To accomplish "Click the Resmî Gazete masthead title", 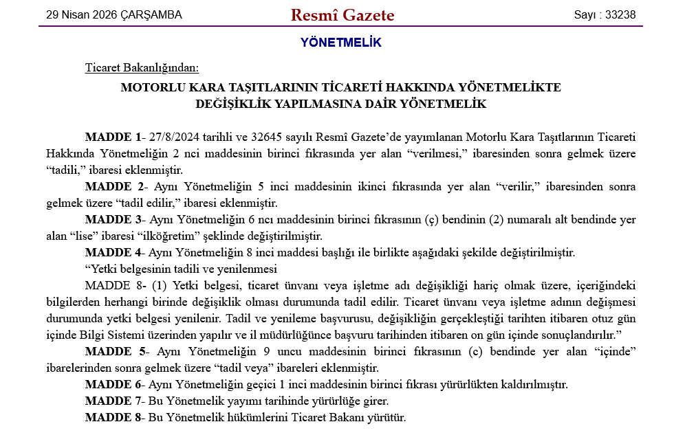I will [342, 14].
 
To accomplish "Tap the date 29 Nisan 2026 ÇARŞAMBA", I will [113, 14].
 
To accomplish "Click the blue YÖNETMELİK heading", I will [340, 43].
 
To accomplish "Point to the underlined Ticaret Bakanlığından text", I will [142, 67].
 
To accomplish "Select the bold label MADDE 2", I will [112, 186].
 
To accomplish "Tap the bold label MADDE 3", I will [112, 219].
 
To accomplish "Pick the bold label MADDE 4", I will [112, 252].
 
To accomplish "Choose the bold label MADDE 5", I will [112, 351].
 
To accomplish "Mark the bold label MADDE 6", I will [112, 384].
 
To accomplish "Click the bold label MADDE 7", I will [112, 401].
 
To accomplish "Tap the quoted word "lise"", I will [81, 236].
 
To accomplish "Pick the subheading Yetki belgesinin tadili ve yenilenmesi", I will [181, 269].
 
